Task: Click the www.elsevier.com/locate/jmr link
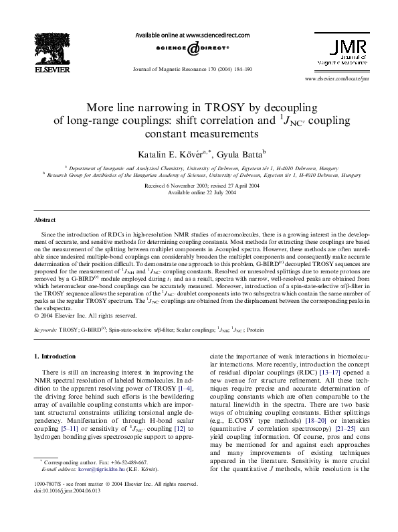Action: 336,79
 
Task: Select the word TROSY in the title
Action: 199,107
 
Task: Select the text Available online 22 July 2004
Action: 199,192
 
